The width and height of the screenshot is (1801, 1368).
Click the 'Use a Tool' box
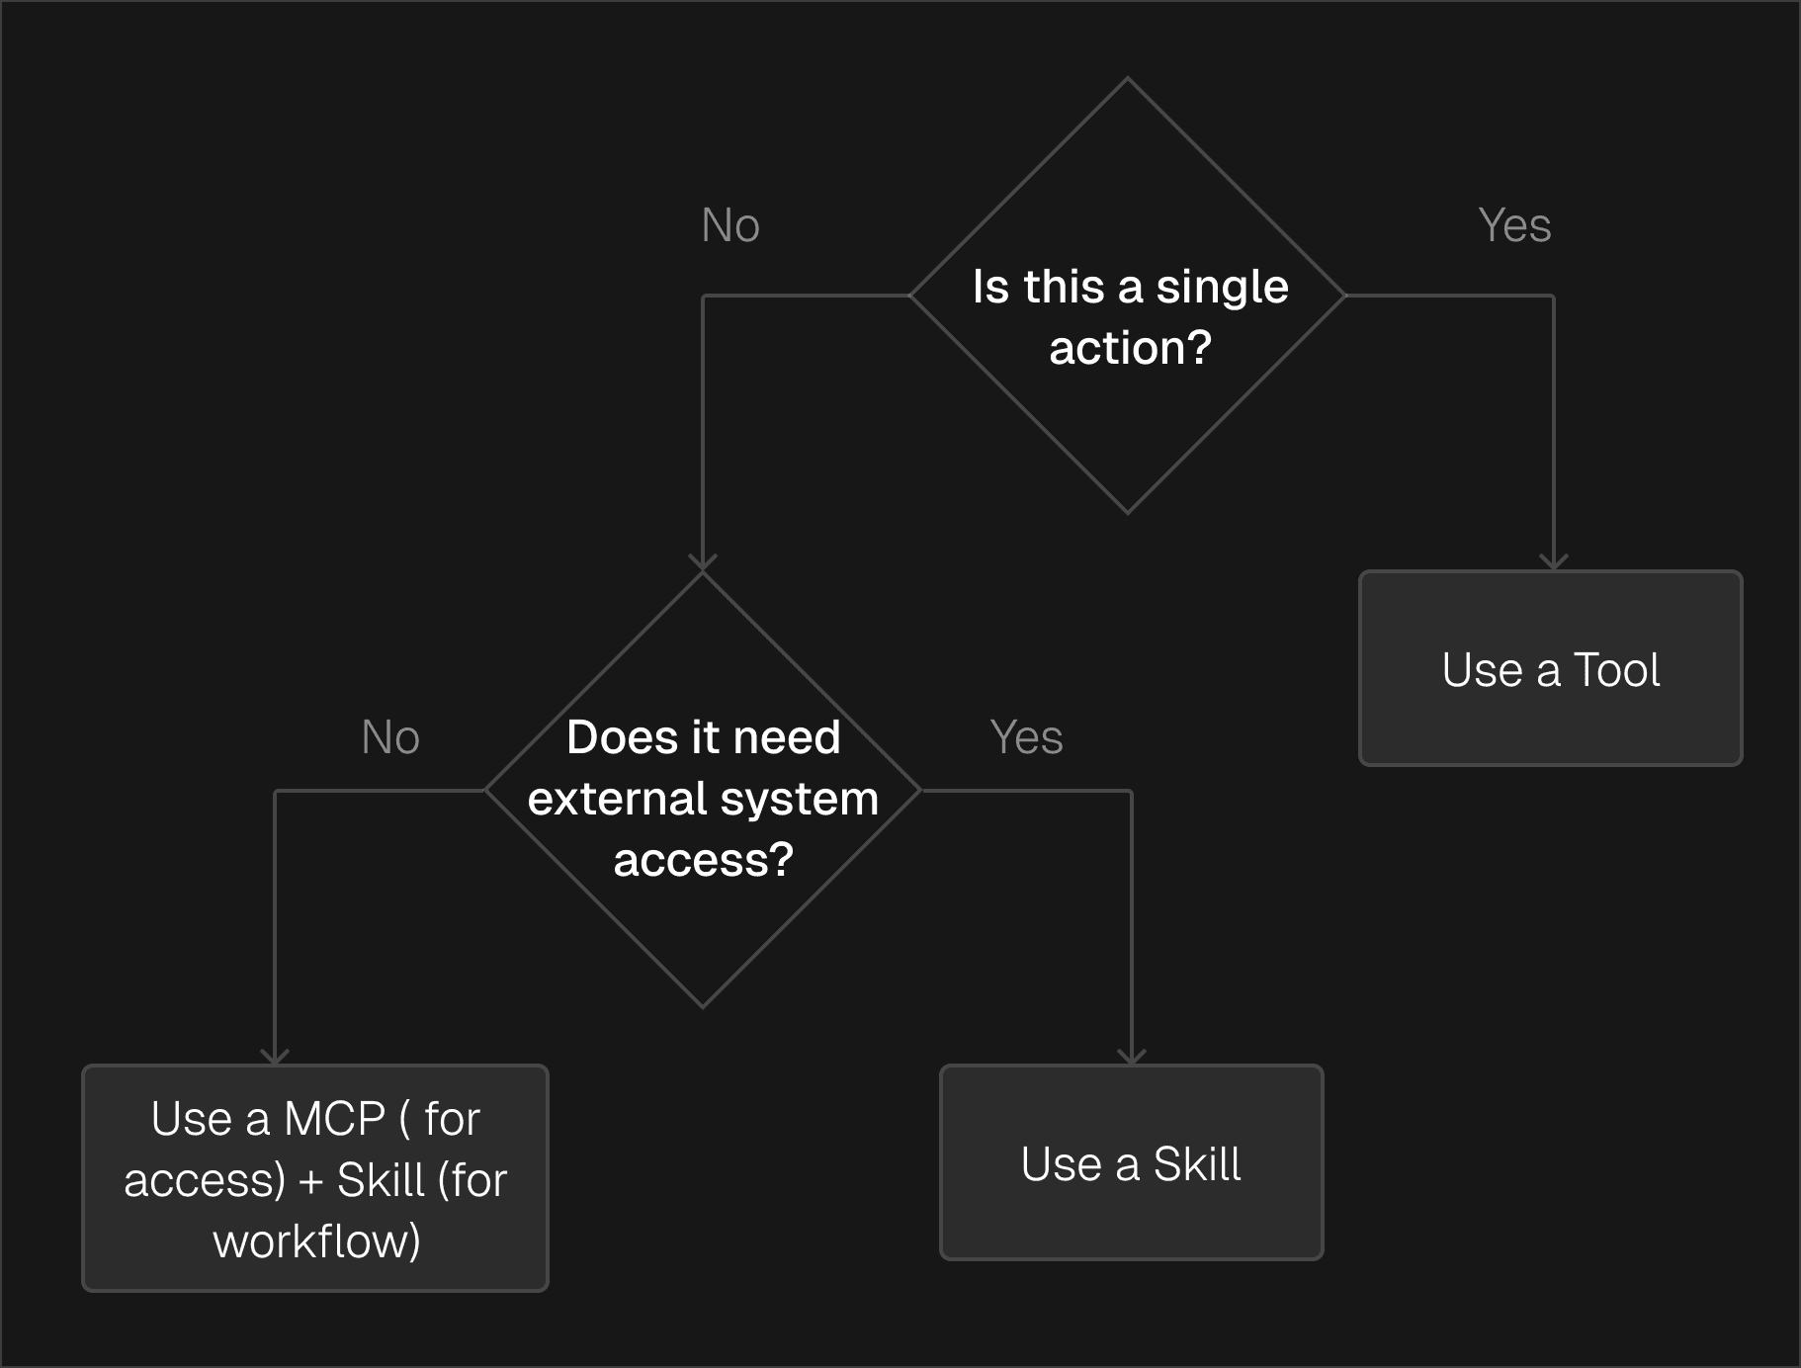(x=1550, y=668)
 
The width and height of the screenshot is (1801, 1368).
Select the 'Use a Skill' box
(x=1131, y=1162)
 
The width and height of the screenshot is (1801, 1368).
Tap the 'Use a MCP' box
(x=315, y=1178)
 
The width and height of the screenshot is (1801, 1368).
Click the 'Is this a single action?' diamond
(x=1128, y=296)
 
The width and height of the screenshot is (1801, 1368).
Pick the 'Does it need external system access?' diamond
(x=703, y=791)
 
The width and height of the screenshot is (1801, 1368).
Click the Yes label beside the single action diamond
(x=1514, y=225)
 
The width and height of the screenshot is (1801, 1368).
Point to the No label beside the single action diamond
(x=730, y=225)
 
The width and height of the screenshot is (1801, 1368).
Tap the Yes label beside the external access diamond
(x=1026, y=737)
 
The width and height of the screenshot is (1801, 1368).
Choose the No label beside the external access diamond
(x=390, y=737)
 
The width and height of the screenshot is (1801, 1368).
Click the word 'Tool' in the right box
(x=1616, y=670)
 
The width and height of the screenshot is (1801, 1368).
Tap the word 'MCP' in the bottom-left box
(x=334, y=1119)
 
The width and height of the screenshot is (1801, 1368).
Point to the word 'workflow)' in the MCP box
(x=316, y=1241)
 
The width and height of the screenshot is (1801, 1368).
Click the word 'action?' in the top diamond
(x=1130, y=348)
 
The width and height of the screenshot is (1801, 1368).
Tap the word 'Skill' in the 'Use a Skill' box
(x=1196, y=1164)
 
